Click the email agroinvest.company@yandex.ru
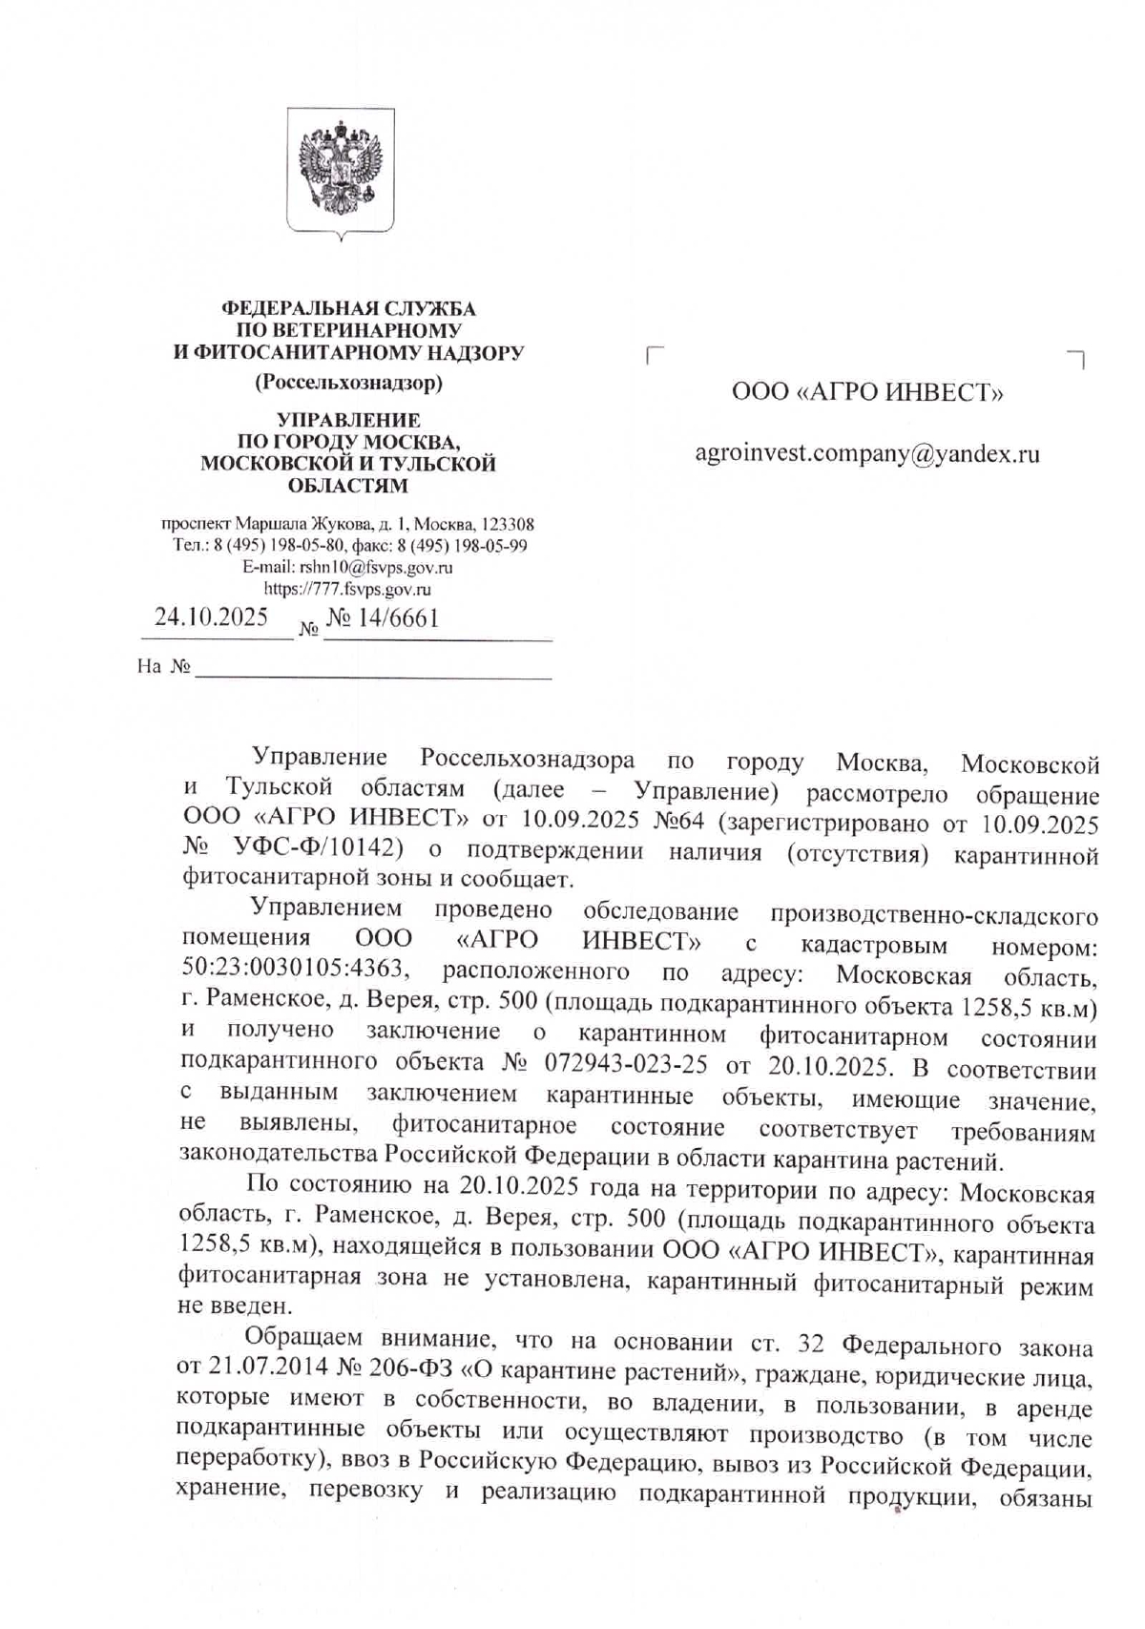click(x=866, y=454)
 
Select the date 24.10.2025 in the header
click(x=211, y=617)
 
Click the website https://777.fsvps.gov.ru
click(x=347, y=589)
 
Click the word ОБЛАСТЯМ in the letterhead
click(x=347, y=486)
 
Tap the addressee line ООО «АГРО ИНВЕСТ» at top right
click(x=866, y=392)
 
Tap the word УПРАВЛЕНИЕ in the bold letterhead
click(x=347, y=420)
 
